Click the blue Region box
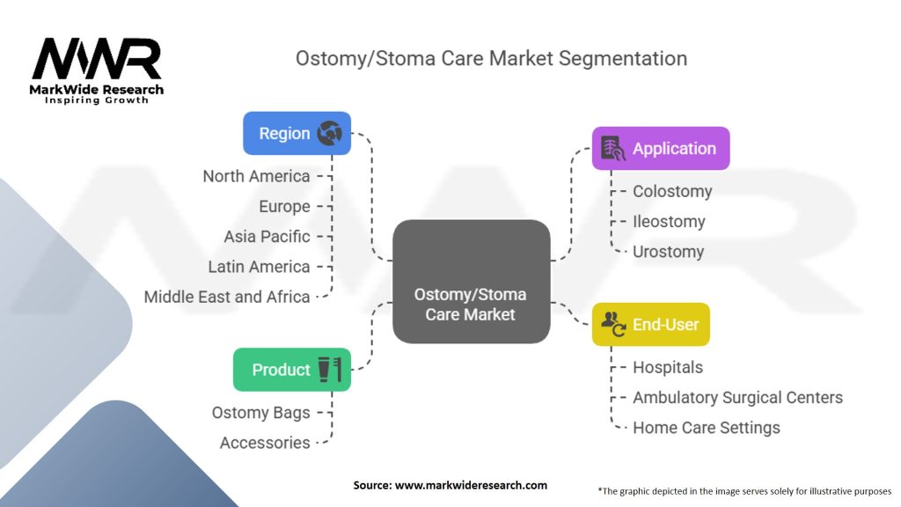click(297, 134)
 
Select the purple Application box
click(661, 148)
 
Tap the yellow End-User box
click(651, 324)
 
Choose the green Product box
click(292, 370)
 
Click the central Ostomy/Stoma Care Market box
click(472, 282)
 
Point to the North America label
click(256, 176)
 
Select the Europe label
click(284, 206)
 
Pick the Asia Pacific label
click(267, 236)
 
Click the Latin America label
click(260, 267)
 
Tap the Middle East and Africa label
click(227, 297)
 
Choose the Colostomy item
click(672, 191)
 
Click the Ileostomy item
click(669, 221)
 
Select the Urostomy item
click(669, 252)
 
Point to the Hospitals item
click(668, 367)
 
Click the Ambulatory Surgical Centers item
click(738, 397)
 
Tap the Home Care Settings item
click(707, 428)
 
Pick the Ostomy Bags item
click(260, 413)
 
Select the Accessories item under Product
click(265, 443)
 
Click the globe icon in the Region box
click(330, 134)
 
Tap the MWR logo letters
click(97, 59)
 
